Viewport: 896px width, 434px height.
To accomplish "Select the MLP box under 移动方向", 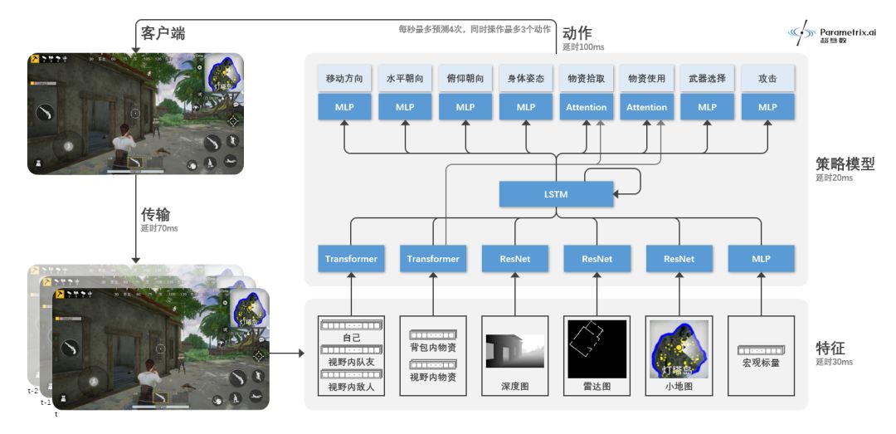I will point(344,107).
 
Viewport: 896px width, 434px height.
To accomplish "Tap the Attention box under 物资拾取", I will point(586,107).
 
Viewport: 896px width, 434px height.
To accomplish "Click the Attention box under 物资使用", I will point(646,107).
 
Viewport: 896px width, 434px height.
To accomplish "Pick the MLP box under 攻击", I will point(767,107).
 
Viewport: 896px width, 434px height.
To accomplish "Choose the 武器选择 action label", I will point(707,79).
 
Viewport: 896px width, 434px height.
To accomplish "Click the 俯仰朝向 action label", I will point(465,79).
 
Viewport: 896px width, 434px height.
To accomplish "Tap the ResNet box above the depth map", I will point(515,259).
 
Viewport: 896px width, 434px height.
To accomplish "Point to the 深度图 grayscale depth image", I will point(515,352).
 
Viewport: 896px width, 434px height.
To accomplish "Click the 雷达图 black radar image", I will point(597,349).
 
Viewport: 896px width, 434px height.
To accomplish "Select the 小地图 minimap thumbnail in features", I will point(679,349).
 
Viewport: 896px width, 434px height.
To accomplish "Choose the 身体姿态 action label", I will point(526,79).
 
